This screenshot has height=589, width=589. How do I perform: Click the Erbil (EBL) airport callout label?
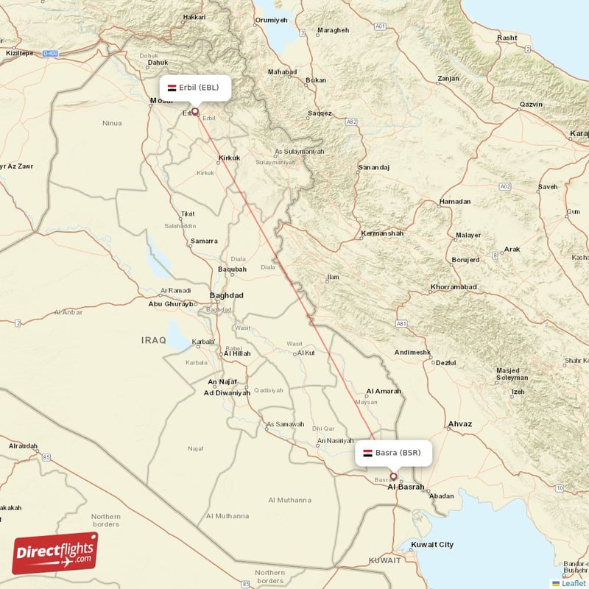(x=195, y=87)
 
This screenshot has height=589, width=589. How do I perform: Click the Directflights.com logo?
(x=54, y=553)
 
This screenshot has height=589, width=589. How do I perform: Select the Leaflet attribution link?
(x=574, y=583)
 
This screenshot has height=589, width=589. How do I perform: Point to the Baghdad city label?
(x=226, y=295)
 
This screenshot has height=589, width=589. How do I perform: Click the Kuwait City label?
(x=432, y=545)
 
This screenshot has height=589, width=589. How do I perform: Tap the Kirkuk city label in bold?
(x=229, y=158)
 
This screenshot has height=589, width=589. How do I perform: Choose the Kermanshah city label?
(x=382, y=233)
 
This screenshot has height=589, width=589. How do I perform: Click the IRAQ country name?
(x=154, y=339)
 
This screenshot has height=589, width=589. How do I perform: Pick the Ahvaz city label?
(x=459, y=424)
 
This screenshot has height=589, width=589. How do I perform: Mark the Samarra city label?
(x=203, y=241)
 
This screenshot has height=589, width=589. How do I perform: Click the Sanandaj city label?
(x=373, y=168)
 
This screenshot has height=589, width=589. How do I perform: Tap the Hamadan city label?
(x=454, y=202)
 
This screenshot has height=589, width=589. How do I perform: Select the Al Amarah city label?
(x=383, y=391)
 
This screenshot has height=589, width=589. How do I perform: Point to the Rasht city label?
(x=507, y=38)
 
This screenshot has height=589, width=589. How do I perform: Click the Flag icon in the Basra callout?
(x=367, y=452)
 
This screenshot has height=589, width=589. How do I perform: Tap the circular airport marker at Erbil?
(x=195, y=112)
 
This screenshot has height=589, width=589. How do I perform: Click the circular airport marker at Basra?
(x=393, y=477)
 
